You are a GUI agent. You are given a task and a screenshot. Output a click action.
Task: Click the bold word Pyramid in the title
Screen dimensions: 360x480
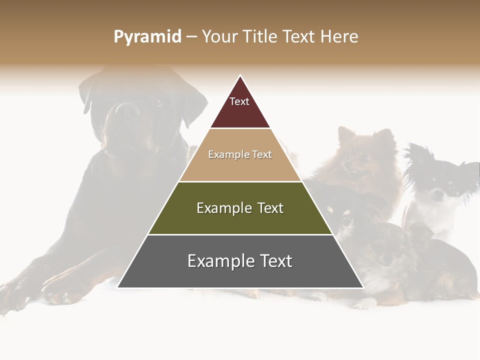147,36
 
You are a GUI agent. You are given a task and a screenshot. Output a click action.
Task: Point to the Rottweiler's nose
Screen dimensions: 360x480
127,110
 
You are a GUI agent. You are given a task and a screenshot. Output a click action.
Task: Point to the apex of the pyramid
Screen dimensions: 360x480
240,76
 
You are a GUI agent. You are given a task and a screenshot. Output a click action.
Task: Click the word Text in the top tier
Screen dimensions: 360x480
239,101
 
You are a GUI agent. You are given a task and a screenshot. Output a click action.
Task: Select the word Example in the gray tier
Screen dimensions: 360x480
217,261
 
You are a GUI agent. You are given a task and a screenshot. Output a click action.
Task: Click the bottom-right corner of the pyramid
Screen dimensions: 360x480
362,287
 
